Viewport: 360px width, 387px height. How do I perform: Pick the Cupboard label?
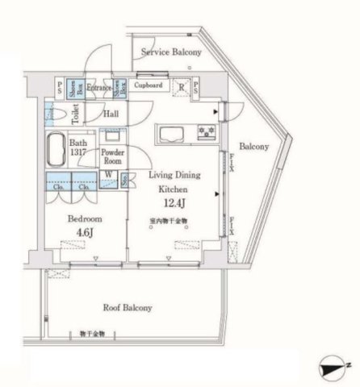[149, 85]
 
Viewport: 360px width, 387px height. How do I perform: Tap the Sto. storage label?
[125, 179]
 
